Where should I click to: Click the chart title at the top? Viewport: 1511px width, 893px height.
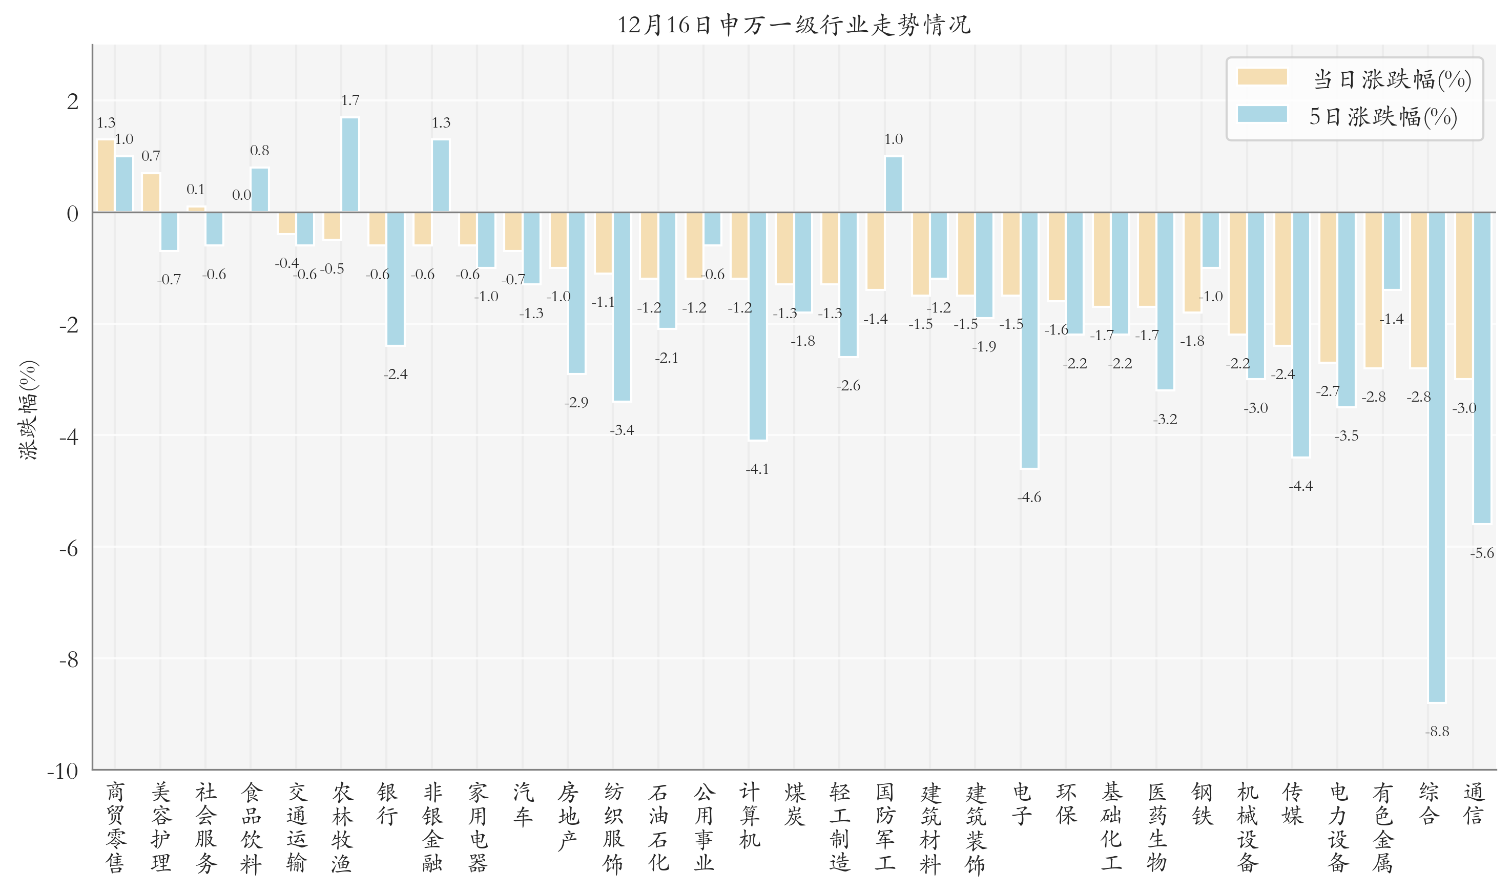793,25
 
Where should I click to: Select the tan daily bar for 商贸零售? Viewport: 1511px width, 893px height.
106,176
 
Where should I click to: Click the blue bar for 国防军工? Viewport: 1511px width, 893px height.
893,184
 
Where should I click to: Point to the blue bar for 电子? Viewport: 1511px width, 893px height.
1029,340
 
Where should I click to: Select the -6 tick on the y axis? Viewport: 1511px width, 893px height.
69,548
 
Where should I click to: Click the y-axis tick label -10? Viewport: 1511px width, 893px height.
63,771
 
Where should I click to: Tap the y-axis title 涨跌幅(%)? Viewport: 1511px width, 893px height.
28,410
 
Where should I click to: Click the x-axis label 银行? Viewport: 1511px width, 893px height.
387,804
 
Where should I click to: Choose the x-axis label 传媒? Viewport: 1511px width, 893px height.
1292,804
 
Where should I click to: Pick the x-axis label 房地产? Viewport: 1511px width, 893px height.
567,816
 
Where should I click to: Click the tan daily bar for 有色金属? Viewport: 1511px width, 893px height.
1373,289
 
